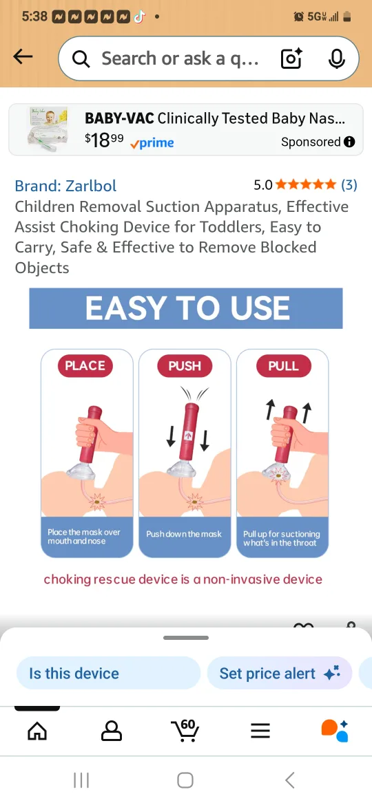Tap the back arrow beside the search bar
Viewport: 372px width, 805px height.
[23, 57]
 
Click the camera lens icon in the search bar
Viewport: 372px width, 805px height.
[291, 59]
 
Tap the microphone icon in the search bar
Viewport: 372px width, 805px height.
[336, 59]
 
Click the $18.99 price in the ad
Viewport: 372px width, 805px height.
[104, 140]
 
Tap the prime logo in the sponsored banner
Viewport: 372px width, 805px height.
[152, 143]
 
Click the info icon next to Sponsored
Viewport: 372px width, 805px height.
[349, 142]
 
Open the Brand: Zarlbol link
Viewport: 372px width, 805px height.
[65, 186]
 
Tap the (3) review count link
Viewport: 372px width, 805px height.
[349, 184]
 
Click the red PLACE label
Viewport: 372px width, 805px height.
[85, 366]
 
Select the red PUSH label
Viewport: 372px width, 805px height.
[185, 366]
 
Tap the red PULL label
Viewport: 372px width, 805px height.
[283, 366]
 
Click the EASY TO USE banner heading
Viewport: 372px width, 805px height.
[186, 308]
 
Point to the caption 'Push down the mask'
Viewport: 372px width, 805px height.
[184, 534]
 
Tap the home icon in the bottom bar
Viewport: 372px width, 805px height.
[37, 731]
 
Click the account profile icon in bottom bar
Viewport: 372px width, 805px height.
[111, 731]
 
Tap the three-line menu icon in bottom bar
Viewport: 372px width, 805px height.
[260, 731]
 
